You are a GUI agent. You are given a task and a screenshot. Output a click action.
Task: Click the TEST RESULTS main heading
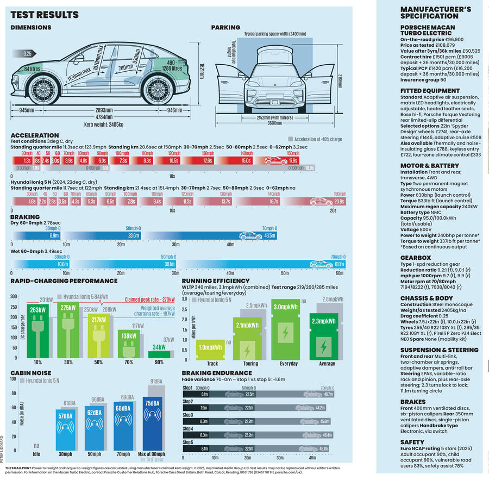click(x=45, y=15)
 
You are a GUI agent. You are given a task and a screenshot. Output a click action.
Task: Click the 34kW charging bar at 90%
click(x=159, y=347)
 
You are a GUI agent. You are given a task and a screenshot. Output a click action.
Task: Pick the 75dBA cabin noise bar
click(x=152, y=402)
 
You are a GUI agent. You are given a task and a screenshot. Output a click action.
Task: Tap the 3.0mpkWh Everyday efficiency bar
click(x=285, y=307)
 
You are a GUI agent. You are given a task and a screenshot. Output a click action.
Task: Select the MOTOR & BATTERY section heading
click(x=429, y=165)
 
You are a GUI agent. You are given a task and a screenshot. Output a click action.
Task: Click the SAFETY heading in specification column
click(x=412, y=442)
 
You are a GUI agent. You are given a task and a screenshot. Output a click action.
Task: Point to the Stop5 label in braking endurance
click(x=188, y=442)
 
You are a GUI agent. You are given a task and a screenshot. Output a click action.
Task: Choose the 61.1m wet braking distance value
click(x=340, y=264)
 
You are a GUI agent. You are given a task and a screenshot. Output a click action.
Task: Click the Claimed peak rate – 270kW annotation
click(x=149, y=298)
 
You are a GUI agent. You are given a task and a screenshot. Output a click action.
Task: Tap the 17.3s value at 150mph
click(x=293, y=161)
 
